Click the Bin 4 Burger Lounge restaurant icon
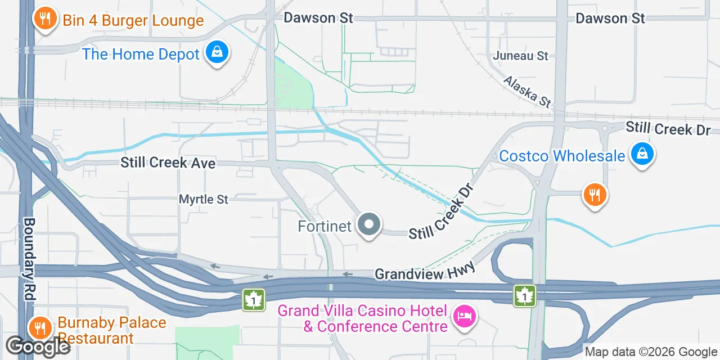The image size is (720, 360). point(44,19)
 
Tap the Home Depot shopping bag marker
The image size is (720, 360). point(217,53)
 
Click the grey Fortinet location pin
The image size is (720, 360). point(368,224)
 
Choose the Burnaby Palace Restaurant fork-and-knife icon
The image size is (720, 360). point(39,327)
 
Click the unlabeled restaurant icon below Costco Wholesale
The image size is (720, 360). point(595,195)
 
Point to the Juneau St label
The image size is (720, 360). point(520,56)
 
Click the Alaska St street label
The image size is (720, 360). point(527,92)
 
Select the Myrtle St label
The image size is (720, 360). point(204,199)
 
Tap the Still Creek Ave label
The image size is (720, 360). point(168,163)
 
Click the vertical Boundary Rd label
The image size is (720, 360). point(29,258)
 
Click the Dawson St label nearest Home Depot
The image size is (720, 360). point(318,18)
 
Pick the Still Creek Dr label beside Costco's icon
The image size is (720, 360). point(668,129)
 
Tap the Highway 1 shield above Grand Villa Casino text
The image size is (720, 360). point(254,299)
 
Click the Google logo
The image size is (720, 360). point(38,346)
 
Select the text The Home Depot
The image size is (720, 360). point(141,54)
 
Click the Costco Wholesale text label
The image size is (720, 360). point(562,156)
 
